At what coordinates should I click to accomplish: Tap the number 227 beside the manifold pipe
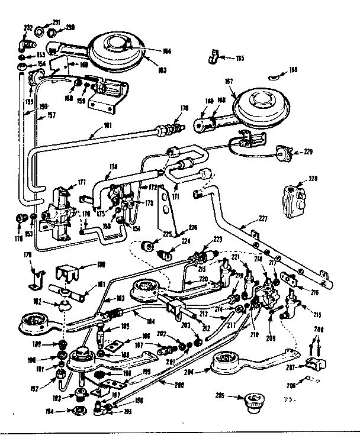[263, 218]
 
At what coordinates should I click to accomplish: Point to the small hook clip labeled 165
[213, 57]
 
